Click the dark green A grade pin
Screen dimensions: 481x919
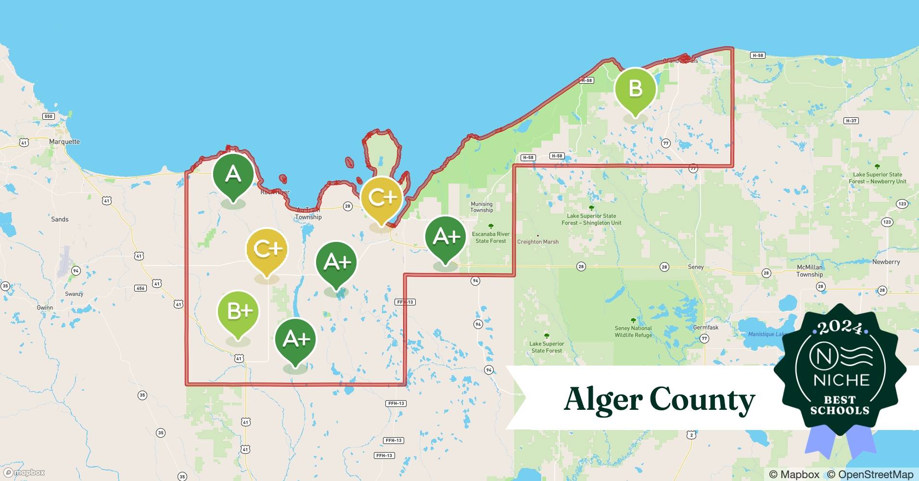click(233, 174)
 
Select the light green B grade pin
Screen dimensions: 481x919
click(635, 89)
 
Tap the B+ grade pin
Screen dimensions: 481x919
click(238, 312)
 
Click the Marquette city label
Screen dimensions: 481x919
click(64, 142)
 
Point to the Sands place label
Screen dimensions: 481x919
click(60, 219)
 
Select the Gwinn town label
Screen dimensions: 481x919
click(45, 308)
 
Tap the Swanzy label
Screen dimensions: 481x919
click(74, 294)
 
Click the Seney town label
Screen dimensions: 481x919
click(696, 267)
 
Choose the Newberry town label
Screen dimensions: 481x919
click(886, 262)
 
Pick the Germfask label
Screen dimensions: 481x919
click(706, 328)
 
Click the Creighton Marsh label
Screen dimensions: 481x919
click(537, 242)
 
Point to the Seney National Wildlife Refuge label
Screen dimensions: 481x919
click(633, 331)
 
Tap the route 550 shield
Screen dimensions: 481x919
click(48, 116)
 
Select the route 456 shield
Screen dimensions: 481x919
click(140, 288)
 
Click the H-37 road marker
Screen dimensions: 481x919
click(851, 121)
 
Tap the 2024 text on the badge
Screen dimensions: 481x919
click(840, 328)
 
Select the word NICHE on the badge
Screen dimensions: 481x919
click(841, 380)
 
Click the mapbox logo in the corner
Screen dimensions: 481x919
click(24, 472)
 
